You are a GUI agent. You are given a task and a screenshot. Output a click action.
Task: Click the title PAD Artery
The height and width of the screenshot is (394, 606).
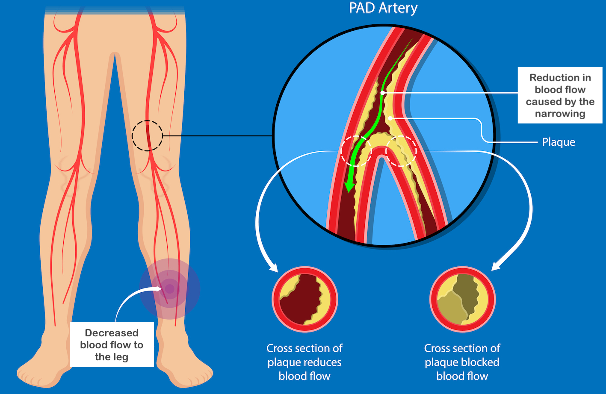click(x=383, y=8)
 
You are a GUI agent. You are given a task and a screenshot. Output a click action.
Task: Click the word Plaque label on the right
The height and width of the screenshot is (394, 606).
click(x=559, y=142)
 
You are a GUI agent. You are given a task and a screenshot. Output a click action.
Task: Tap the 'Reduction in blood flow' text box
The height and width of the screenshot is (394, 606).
click(x=560, y=95)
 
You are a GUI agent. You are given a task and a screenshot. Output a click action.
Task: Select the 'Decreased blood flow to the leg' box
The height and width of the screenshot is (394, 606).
click(x=112, y=344)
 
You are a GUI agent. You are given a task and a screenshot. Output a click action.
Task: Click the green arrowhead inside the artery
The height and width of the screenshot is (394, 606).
click(x=350, y=185)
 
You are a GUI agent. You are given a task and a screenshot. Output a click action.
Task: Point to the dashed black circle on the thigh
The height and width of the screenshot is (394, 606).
click(x=147, y=135)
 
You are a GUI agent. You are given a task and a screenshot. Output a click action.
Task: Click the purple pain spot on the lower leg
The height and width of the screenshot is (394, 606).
click(x=170, y=289)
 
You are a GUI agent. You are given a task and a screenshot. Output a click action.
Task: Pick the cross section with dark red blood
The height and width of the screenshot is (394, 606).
click(x=305, y=299)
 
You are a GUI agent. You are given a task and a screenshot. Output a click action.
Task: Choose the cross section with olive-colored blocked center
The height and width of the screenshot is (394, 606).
click(x=462, y=299)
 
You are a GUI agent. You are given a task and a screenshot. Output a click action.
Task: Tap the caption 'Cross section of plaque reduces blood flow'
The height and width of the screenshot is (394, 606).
click(x=304, y=362)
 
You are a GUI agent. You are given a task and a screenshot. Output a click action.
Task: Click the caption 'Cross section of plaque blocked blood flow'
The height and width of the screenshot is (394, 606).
click(x=462, y=362)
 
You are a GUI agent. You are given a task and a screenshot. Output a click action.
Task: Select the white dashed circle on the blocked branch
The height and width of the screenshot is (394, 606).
click(x=401, y=151)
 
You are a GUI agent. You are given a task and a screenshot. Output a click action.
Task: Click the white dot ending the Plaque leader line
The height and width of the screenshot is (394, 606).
click(x=390, y=118)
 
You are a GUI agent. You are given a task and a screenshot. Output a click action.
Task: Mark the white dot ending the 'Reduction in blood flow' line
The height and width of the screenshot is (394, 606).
click(x=383, y=92)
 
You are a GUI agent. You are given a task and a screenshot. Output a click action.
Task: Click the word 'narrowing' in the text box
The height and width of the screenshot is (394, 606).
click(x=560, y=114)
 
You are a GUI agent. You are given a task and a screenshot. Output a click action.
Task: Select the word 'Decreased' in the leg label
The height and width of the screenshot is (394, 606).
click(x=112, y=333)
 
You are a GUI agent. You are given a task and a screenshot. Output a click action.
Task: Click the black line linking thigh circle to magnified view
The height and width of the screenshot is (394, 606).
click(x=217, y=136)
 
